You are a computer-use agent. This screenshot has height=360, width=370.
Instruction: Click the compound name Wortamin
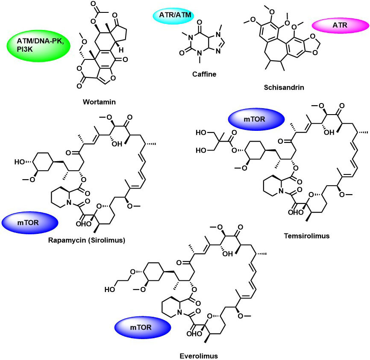tap(99, 102)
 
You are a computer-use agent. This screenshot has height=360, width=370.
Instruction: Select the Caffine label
tap(204, 74)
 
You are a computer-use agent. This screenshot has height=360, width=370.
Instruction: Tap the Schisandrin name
tap(284, 87)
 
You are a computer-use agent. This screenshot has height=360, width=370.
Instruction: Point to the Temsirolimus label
tap(306, 236)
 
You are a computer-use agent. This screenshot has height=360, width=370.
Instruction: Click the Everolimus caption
tap(199, 356)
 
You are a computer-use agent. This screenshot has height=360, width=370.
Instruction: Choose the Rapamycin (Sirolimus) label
tap(87, 240)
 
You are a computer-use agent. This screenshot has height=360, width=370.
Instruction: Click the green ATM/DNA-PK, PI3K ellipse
tap(39, 46)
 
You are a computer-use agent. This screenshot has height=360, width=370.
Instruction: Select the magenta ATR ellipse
tap(340, 25)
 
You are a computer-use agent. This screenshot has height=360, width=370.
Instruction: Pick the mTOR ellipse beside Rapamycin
tap(30, 223)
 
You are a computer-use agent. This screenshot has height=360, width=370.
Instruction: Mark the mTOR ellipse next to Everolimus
tap(143, 328)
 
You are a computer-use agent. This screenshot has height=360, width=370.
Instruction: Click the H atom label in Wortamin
tap(121, 50)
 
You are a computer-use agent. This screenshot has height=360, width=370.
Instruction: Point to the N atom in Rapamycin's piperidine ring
tap(69, 202)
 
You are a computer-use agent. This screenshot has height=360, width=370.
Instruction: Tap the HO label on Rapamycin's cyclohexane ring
tap(20, 162)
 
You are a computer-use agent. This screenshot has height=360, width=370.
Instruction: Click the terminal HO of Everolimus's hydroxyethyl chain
tap(110, 289)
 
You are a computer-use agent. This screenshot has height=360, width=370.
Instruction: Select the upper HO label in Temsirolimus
tap(201, 133)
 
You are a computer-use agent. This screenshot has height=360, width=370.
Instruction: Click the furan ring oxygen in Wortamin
tap(113, 78)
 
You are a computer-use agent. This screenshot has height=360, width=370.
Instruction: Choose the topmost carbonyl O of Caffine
tap(200, 22)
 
